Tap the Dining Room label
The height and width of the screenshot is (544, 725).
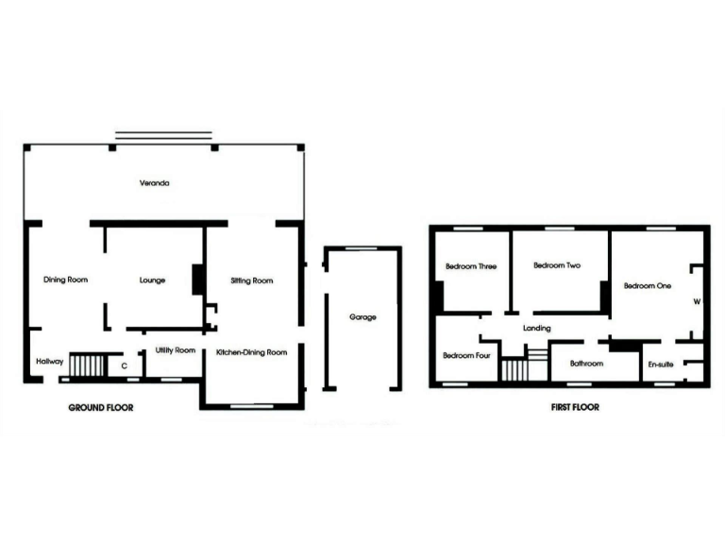coord(66,280)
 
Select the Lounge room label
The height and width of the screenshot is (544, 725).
coord(152,280)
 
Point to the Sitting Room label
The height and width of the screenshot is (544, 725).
coord(252,280)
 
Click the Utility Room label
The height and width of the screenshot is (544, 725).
coord(176,350)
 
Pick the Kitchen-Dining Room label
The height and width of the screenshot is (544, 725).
coord(251,352)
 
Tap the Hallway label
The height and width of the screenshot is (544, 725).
coord(49,362)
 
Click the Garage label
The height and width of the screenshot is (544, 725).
coord(362,317)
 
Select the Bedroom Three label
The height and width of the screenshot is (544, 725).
coord(471,266)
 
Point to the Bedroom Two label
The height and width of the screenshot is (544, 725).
coord(557,266)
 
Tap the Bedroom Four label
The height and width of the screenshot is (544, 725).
coord(466,355)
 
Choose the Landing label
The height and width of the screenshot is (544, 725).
coord(536,328)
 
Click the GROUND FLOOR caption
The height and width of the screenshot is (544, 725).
coord(101,408)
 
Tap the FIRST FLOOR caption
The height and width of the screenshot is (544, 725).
coord(575,408)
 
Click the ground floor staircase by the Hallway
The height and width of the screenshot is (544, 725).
coord(88,365)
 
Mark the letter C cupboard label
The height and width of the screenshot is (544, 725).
coord(125,364)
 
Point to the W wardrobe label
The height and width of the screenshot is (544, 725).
coord(697,302)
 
